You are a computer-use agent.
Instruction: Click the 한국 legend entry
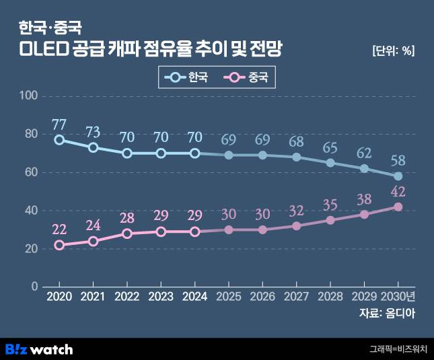pyautogui.click(x=186, y=77)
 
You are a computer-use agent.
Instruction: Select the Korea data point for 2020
pyautogui.click(x=59, y=140)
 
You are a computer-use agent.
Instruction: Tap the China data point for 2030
pyautogui.click(x=398, y=207)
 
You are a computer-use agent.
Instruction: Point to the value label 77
pyautogui.click(x=59, y=124)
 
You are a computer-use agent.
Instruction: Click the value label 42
pyautogui.click(x=398, y=192)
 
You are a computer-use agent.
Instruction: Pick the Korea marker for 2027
pyautogui.click(x=296, y=157)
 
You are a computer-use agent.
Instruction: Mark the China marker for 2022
pyautogui.click(x=127, y=233)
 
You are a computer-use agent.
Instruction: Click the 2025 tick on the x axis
pyautogui.click(x=228, y=297)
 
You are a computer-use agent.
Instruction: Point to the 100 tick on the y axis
pyautogui.click(x=28, y=96)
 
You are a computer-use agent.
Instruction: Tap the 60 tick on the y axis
pyautogui.click(x=31, y=172)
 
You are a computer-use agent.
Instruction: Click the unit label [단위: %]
pyautogui.click(x=392, y=52)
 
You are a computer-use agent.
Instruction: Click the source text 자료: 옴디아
pyautogui.click(x=388, y=314)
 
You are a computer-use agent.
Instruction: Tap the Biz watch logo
pyautogui.click(x=39, y=349)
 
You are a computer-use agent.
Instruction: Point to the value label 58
pyautogui.click(x=398, y=161)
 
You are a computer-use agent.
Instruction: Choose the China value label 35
pyautogui.click(x=330, y=205)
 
